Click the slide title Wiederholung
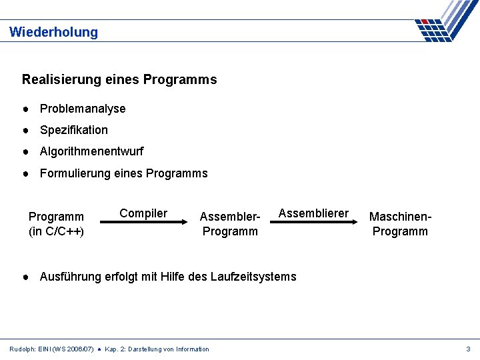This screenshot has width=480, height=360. (53, 32)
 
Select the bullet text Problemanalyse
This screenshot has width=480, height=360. (83, 109)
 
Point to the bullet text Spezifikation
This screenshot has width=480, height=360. (74, 130)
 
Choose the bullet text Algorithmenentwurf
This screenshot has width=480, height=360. (91, 151)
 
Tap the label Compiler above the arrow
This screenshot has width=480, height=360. (143, 213)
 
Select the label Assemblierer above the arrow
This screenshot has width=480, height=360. (313, 213)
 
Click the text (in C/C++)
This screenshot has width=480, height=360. (56, 231)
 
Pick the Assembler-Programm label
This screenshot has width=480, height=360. (230, 224)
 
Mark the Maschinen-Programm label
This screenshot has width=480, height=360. (401, 224)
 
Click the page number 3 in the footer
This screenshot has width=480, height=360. (468, 349)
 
